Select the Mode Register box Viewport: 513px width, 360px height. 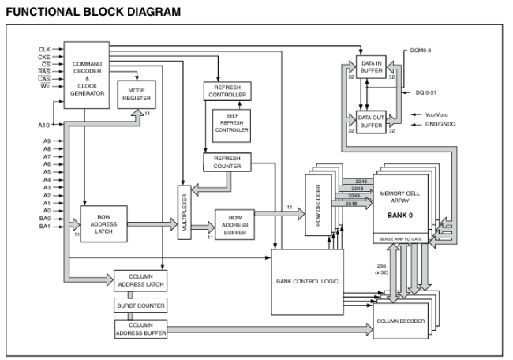(137, 96)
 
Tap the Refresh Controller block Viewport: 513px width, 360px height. (227, 90)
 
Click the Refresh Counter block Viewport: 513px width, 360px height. (227, 162)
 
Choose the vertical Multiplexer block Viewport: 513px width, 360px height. (185, 212)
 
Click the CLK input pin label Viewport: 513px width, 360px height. (44, 49)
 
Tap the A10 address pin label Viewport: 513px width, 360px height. (44, 124)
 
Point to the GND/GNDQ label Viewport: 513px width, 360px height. (444, 125)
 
